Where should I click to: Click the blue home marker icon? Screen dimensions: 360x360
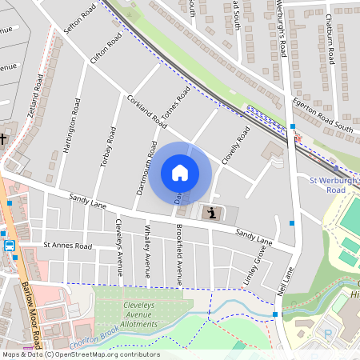tap(180, 173)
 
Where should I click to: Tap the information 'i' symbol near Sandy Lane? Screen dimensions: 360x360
tap(211, 213)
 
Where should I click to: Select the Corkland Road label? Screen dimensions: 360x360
tap(146, 111)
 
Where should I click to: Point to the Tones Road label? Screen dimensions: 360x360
tap(177, 103)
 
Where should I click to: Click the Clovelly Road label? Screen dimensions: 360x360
tap(236, 145)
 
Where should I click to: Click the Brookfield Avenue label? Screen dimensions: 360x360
tap(179, 254)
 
